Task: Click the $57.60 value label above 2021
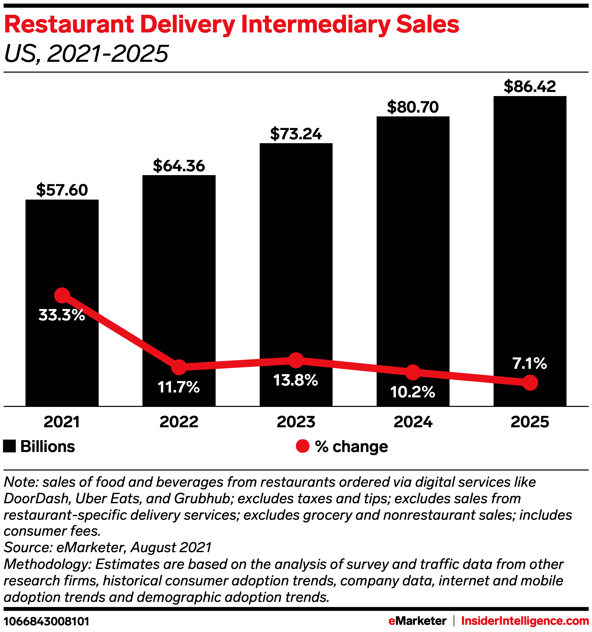point(62,190)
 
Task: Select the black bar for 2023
point(296,254)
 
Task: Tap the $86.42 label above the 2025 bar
point(530,87)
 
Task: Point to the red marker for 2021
point(62,296)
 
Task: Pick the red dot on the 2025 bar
point(530,383)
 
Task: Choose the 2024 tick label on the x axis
point(413,422)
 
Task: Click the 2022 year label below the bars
point(179,422)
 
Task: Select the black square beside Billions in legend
point(9,446)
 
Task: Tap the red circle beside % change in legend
point(302,446)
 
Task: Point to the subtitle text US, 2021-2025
point(86,53)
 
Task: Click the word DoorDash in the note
point(37,499)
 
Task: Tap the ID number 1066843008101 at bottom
point(46,621)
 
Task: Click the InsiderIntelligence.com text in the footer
point(525,621)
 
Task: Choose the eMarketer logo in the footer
point(417,621)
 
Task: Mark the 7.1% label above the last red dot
point(530,363)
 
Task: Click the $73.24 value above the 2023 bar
point(296,134)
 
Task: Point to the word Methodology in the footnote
point(48,564)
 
